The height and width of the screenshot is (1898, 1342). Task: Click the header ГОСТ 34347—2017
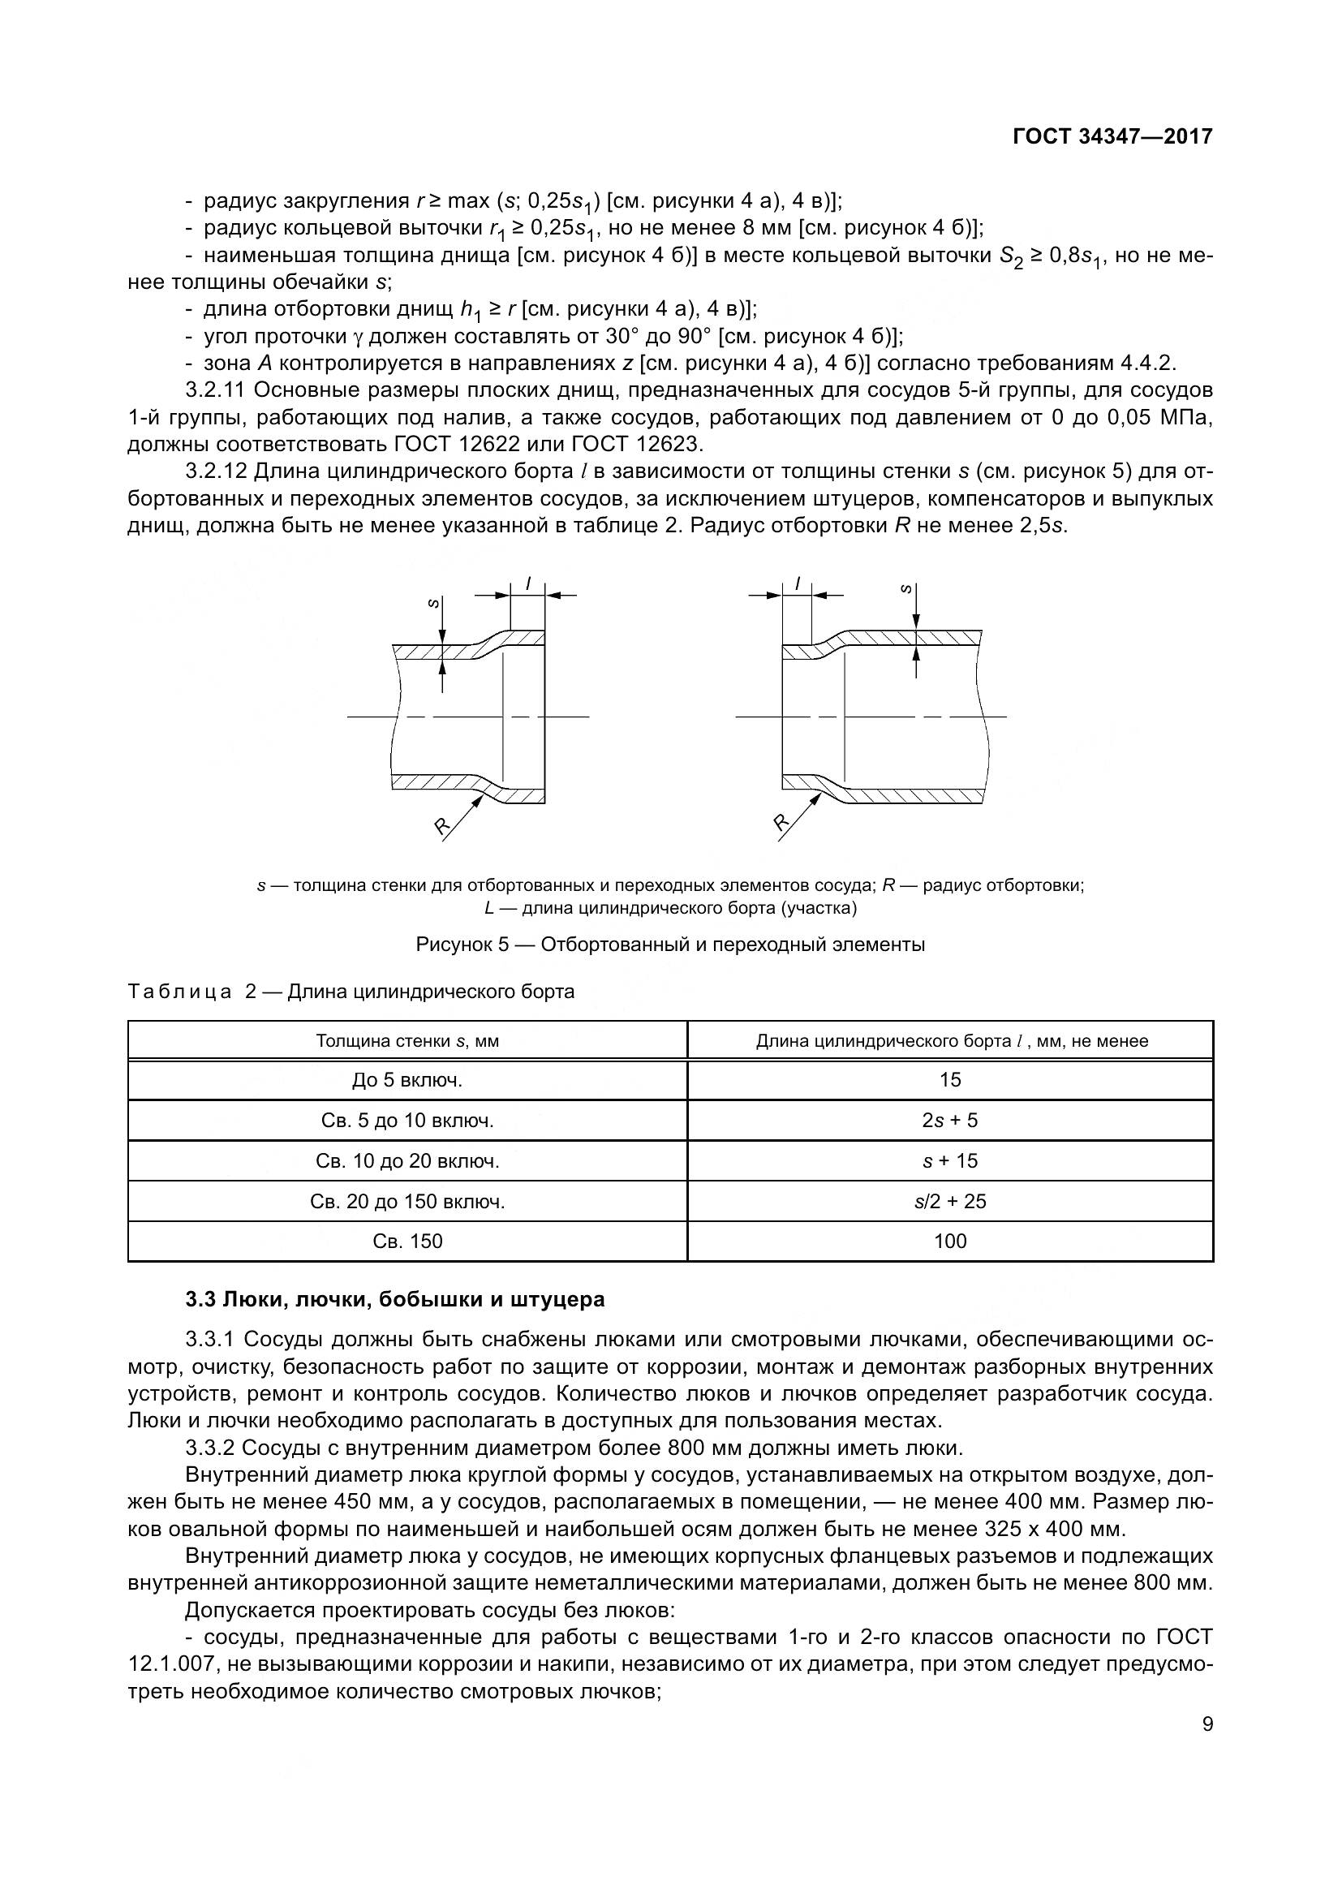pos(1112,137)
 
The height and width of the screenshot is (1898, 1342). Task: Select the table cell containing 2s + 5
pos(949,1120)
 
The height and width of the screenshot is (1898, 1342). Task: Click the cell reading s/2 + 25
pos(949,1201)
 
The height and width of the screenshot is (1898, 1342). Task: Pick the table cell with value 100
pos(949,1241)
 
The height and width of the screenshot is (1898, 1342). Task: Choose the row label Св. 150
pos(407,1241)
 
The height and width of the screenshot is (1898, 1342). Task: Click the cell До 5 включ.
pos(407,1079)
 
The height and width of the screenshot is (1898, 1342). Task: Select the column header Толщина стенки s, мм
pos(407,1041)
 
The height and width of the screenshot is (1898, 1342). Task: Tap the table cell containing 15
pos(949,1079)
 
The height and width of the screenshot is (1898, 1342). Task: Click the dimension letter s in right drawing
pos(906,589)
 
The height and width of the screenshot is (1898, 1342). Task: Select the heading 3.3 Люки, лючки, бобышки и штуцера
pos(395,1299)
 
